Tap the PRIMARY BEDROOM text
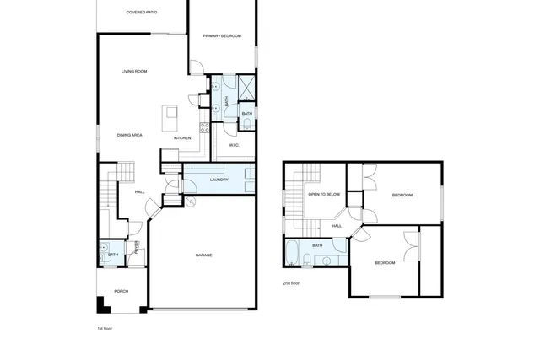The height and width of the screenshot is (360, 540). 222,35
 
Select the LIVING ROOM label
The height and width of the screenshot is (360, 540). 134,71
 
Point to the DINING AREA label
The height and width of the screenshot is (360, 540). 129,135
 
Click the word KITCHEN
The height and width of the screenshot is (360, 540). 182,137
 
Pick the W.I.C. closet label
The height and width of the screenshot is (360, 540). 235,146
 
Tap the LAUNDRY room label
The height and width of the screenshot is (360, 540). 219,180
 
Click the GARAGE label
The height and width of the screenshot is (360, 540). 203,255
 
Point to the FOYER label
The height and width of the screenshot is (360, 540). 137,247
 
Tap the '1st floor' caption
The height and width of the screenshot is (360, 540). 105,327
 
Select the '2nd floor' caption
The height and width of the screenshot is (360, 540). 291,283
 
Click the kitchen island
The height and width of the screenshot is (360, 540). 172,113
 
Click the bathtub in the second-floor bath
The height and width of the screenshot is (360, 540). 292,252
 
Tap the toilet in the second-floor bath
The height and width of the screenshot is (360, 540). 338,245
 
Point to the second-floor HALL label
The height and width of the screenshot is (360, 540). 337,226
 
